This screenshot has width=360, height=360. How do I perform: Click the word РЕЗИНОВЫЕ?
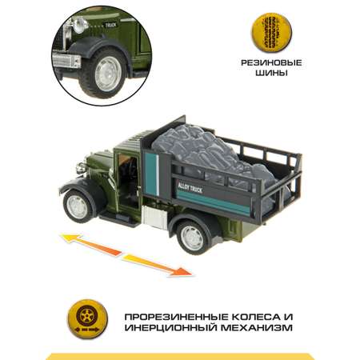(x=271, y=63)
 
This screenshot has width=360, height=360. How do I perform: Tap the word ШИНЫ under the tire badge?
(x=271, y=73)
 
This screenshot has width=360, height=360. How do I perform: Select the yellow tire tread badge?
(x=271, y=33)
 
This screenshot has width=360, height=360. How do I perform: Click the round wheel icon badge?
(x=87, y=318)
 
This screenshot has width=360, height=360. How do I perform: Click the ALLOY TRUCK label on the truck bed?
(x=190, y=188)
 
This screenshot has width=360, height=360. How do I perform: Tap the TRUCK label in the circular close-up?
(x=110, y=25)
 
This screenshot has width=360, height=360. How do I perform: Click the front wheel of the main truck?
(x=78, y=207)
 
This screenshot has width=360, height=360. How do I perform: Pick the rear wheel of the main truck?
(x=193, y=237)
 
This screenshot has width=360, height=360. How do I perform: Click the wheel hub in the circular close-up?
(x=107, y=74)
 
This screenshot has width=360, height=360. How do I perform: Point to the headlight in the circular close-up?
(x=80, y=26)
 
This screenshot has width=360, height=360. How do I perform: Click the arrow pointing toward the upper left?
(x=90, y=244)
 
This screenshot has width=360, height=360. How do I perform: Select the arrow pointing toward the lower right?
(x=158, y=265)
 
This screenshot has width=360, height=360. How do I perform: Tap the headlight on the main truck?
(x=81, y=168)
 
